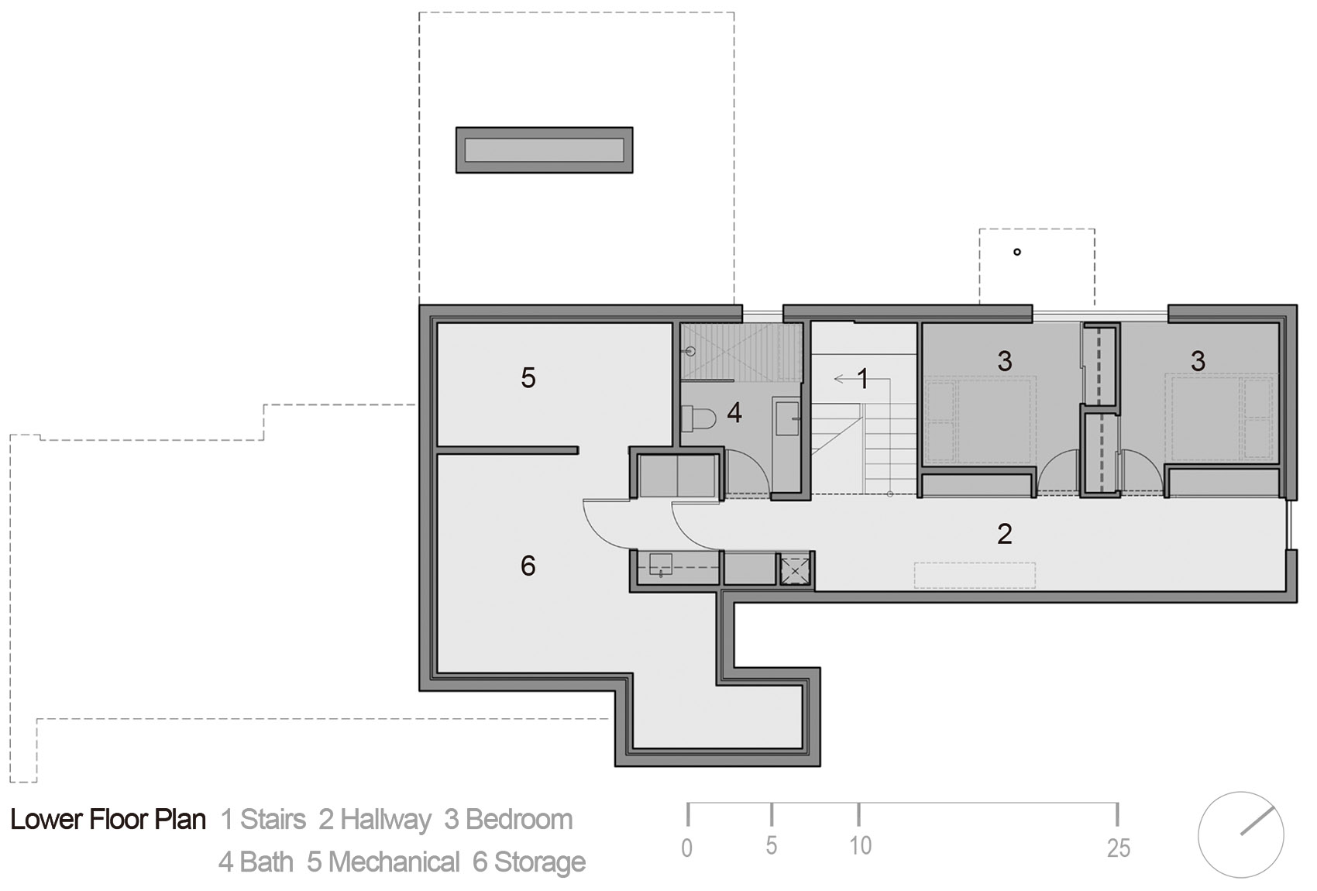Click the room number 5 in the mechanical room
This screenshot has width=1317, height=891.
[528, 378]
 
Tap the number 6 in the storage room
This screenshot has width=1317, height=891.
[528, 566]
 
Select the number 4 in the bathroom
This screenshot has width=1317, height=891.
[734, 413]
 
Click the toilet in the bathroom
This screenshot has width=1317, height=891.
[699, 419]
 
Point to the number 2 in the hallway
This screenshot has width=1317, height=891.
[1004, 533]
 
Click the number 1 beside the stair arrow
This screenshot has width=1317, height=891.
[862, 379]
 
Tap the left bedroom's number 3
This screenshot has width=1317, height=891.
[1004, 360]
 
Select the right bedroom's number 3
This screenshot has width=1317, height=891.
[1198, 360]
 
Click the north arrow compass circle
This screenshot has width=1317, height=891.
[1240, 834]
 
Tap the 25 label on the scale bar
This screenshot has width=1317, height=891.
[1118, 848]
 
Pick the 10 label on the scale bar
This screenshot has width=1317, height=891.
[860, 845]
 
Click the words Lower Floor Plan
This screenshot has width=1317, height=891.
[108, 820]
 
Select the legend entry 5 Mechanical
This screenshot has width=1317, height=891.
[383, 862]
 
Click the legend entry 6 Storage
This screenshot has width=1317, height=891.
[529, 862]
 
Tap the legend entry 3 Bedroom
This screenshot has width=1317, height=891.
[508, 820]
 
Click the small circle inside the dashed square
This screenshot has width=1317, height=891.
[1017, 252]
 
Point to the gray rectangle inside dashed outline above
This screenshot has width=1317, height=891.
[544, 150]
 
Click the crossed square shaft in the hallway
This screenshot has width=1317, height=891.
[795, 569]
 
